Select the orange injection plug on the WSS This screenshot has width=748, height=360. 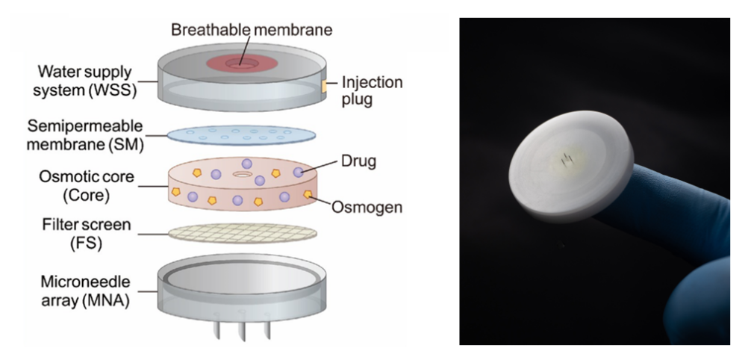[x=326, y=88]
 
